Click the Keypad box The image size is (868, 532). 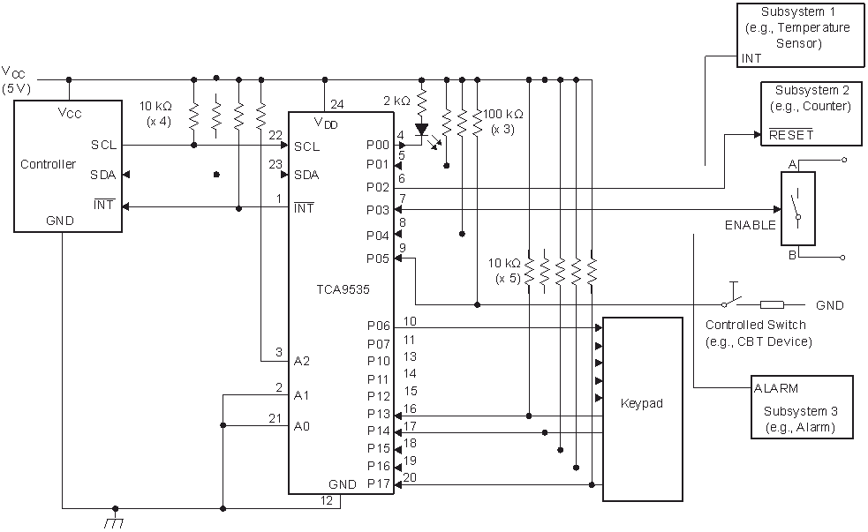[x=642, y=408]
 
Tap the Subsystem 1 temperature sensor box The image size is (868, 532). [x=800, y=34]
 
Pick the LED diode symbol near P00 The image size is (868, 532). [x=422, y=129]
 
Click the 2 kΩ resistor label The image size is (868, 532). [x=396, y=101]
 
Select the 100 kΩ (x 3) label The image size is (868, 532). [x=503, y=121]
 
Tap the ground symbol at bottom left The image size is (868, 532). [x=114, y=521]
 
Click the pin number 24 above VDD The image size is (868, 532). [x=336, y=103]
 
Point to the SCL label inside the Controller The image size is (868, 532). [x=103, y=146]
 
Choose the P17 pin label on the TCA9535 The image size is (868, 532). [x=378, y=483]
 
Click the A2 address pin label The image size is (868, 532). [x=303, y=361]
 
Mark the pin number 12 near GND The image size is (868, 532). [x=328, y=502]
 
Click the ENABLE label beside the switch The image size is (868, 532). [x=750, y=225]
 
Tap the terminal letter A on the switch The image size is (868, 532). [x=792, y=164]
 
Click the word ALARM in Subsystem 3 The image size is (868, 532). [x=777, y=388]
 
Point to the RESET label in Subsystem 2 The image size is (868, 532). [x=791, y=135]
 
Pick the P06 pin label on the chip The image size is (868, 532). [x=378, y=326]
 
